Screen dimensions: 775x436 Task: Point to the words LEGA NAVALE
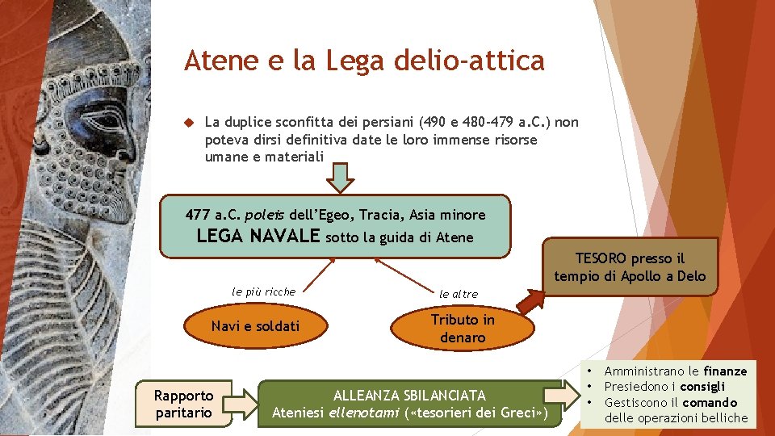[258, 237]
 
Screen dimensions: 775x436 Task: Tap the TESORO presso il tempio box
[630, 267]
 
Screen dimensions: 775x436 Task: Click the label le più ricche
[263, 291]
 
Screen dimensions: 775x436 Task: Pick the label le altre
[458, 294]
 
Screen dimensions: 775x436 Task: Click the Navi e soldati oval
[254, 326]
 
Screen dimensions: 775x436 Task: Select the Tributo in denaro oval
[463, 329]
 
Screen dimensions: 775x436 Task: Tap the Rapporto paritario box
[184, 404]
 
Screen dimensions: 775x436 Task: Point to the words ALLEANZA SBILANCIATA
[410, 396]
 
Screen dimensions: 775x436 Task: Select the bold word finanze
[725, 371]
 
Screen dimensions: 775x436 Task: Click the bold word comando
[710, 402]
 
